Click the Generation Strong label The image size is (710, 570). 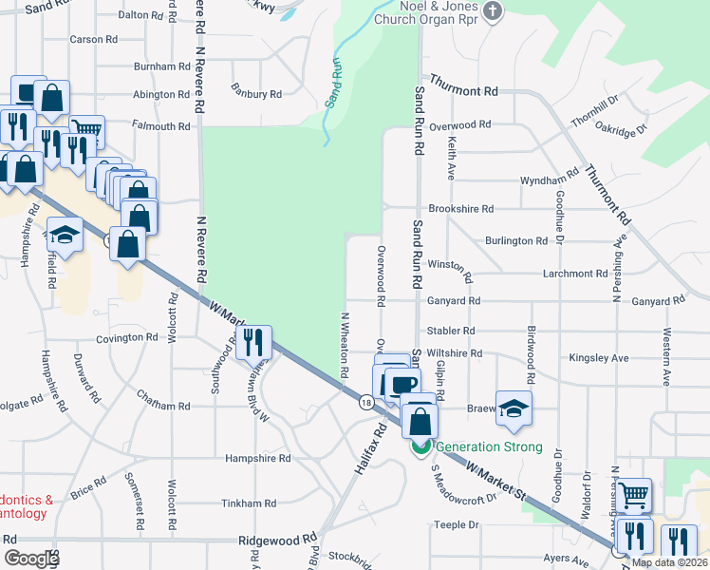click(490, 446)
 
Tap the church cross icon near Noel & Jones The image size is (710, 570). click(492, 10)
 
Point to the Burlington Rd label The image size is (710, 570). click(515, 241)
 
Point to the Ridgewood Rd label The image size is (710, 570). click(277, 538)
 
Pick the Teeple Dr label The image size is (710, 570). click(457, 524)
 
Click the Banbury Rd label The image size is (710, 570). click(255, 94)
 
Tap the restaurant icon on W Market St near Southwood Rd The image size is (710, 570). click(252, 342)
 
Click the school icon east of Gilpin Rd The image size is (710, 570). click(514, 408)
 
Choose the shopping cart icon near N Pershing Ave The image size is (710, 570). click(634, 494)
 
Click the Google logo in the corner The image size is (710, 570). click(31, 559)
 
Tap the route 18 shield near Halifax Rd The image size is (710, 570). click(365, 403)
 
